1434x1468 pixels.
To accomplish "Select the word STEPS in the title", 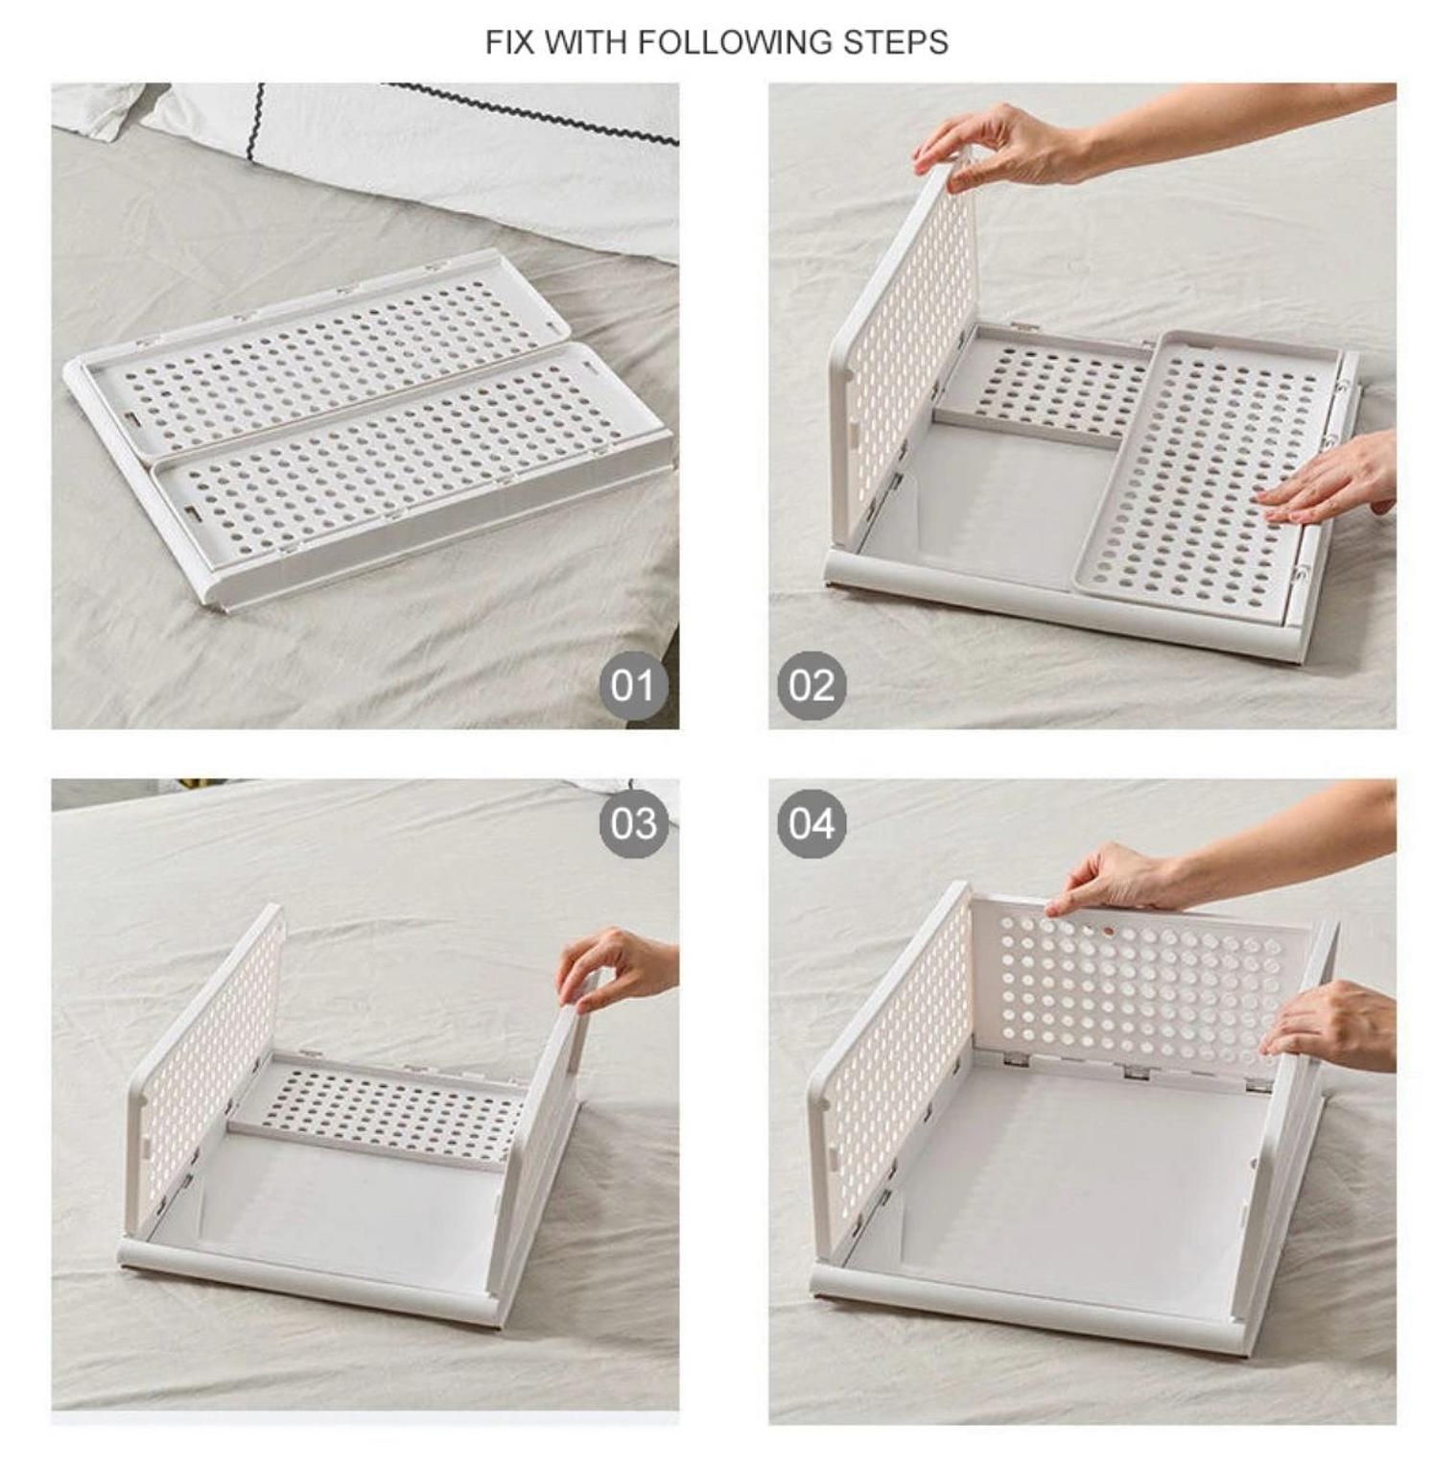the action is tap(896, 43).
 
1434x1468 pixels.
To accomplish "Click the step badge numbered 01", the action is tap(633, 686).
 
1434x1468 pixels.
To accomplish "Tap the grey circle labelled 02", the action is tap(811, 686).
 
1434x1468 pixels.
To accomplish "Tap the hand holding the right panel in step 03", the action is tap(614, 967).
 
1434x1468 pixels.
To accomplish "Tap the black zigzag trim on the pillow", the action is tap(537, 115).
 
